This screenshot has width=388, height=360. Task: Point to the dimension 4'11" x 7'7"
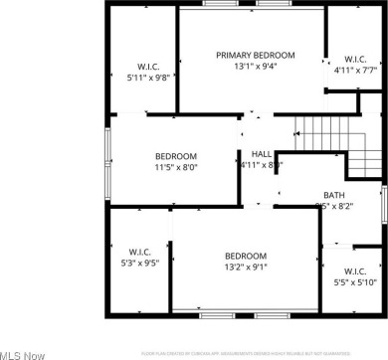click(x=355, y=71)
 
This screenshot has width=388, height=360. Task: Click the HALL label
click(x=262, y=153)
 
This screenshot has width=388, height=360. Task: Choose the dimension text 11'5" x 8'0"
click(x=175, y=169)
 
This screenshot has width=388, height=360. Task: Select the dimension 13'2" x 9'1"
click(x=245, y=267)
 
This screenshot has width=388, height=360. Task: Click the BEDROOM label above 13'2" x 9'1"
click(x=245, y=255)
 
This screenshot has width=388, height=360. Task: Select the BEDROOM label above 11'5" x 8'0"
click(x=175, y=156)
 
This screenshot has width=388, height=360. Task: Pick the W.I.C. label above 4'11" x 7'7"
click(x=355, y=59)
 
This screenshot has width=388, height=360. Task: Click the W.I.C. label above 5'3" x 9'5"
click(x=138, y=252)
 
